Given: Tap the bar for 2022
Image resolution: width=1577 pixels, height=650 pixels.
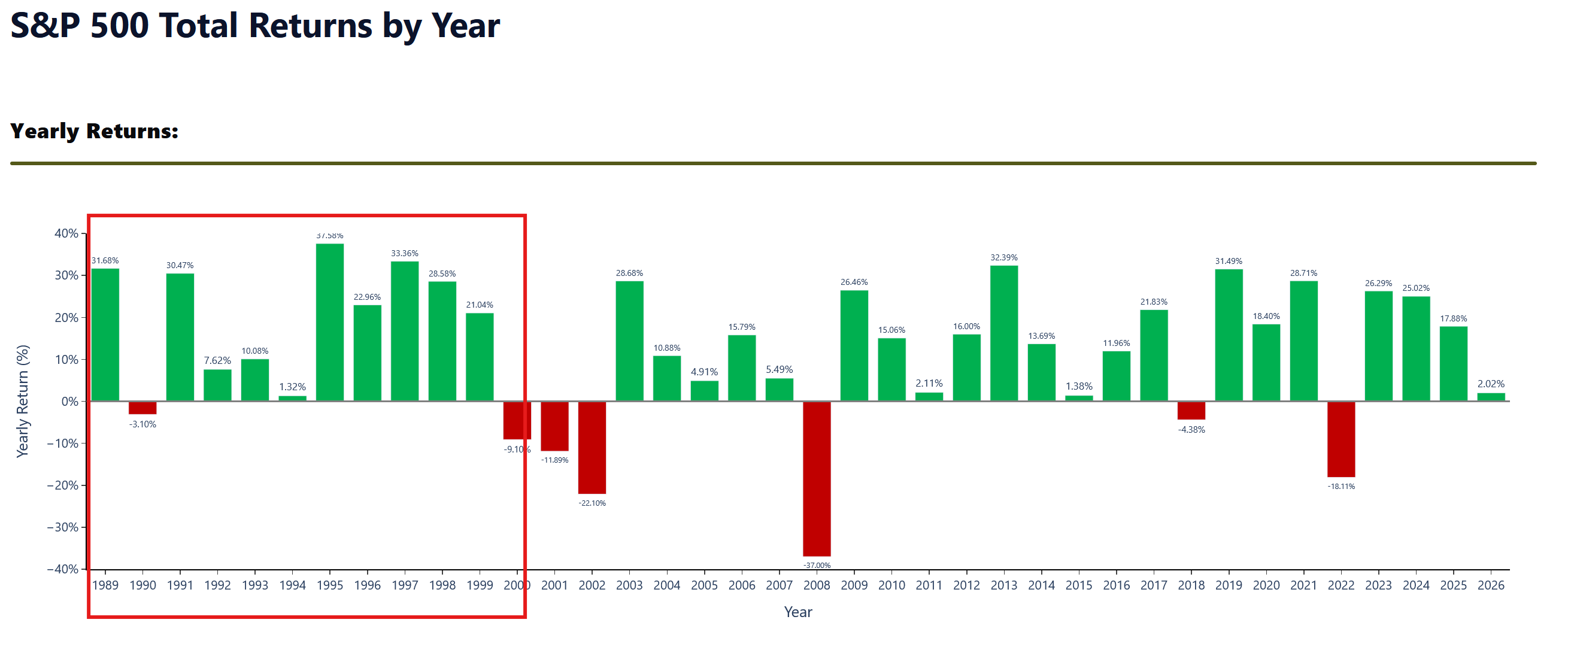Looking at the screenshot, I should click(x=1341, y=439).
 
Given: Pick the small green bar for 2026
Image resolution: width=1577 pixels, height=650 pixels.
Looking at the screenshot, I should click(x=1491, y=397).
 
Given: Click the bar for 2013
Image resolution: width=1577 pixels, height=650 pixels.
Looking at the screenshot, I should click(x=1004, y=333).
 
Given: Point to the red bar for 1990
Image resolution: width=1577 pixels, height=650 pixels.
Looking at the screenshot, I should click(x=142, y=408).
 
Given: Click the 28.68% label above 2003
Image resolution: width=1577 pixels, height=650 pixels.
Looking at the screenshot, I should click(x=629, y=273).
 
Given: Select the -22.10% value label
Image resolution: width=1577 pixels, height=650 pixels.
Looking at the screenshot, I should click(x=592, y=503).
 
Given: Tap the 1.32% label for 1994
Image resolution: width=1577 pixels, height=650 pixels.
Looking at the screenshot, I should click(x=293, y=387).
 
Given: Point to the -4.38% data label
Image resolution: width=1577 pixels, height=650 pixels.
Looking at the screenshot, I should click(x=1191, y=430).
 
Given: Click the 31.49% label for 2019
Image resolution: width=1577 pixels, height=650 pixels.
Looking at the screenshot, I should click(x=1229, y=261).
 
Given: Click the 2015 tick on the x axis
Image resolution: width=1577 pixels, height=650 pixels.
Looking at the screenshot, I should click(x=1079, y=585).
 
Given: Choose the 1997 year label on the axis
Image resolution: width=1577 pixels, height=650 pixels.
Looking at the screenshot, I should click(x=405, y=585).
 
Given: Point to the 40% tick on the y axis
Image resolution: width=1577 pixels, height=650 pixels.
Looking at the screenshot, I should click(x=66, y=233).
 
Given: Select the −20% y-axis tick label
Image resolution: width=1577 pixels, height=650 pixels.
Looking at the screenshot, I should click(x=62, y=485).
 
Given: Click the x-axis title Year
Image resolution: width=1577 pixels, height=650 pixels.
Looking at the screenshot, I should click(x=798, y=612).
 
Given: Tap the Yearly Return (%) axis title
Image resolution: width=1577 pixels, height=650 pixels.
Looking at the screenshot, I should click(x=23, y=402).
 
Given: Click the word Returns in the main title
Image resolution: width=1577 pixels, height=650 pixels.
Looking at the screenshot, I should click(x=310, y=26).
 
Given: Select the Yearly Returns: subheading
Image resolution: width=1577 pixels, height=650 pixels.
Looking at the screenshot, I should click(x=94, y=131).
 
